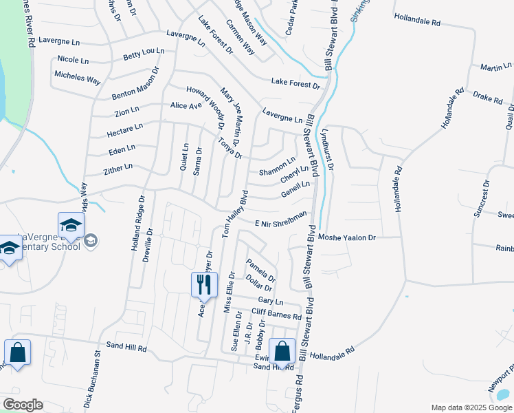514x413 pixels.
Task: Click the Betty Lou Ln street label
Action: coord(144,52)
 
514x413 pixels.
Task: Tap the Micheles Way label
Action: coord(78,78)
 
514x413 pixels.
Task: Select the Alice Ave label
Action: coord(186,106)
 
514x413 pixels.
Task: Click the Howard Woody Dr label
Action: coord(205,107)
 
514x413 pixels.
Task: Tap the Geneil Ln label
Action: coord(296,189)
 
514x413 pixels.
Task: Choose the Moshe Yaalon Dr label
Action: coord(348,237)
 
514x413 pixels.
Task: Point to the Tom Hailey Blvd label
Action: coord(234,215)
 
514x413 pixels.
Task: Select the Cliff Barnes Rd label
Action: coord(276,314)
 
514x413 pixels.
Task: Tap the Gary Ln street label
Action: coord(270,301)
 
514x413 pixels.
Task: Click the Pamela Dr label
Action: coord(261,271)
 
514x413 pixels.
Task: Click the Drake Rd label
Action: coord(488,98)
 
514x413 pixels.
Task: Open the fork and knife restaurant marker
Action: coord(204,286)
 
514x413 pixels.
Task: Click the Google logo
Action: coord(23,405)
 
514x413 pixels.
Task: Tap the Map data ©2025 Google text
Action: coord(471,407)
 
